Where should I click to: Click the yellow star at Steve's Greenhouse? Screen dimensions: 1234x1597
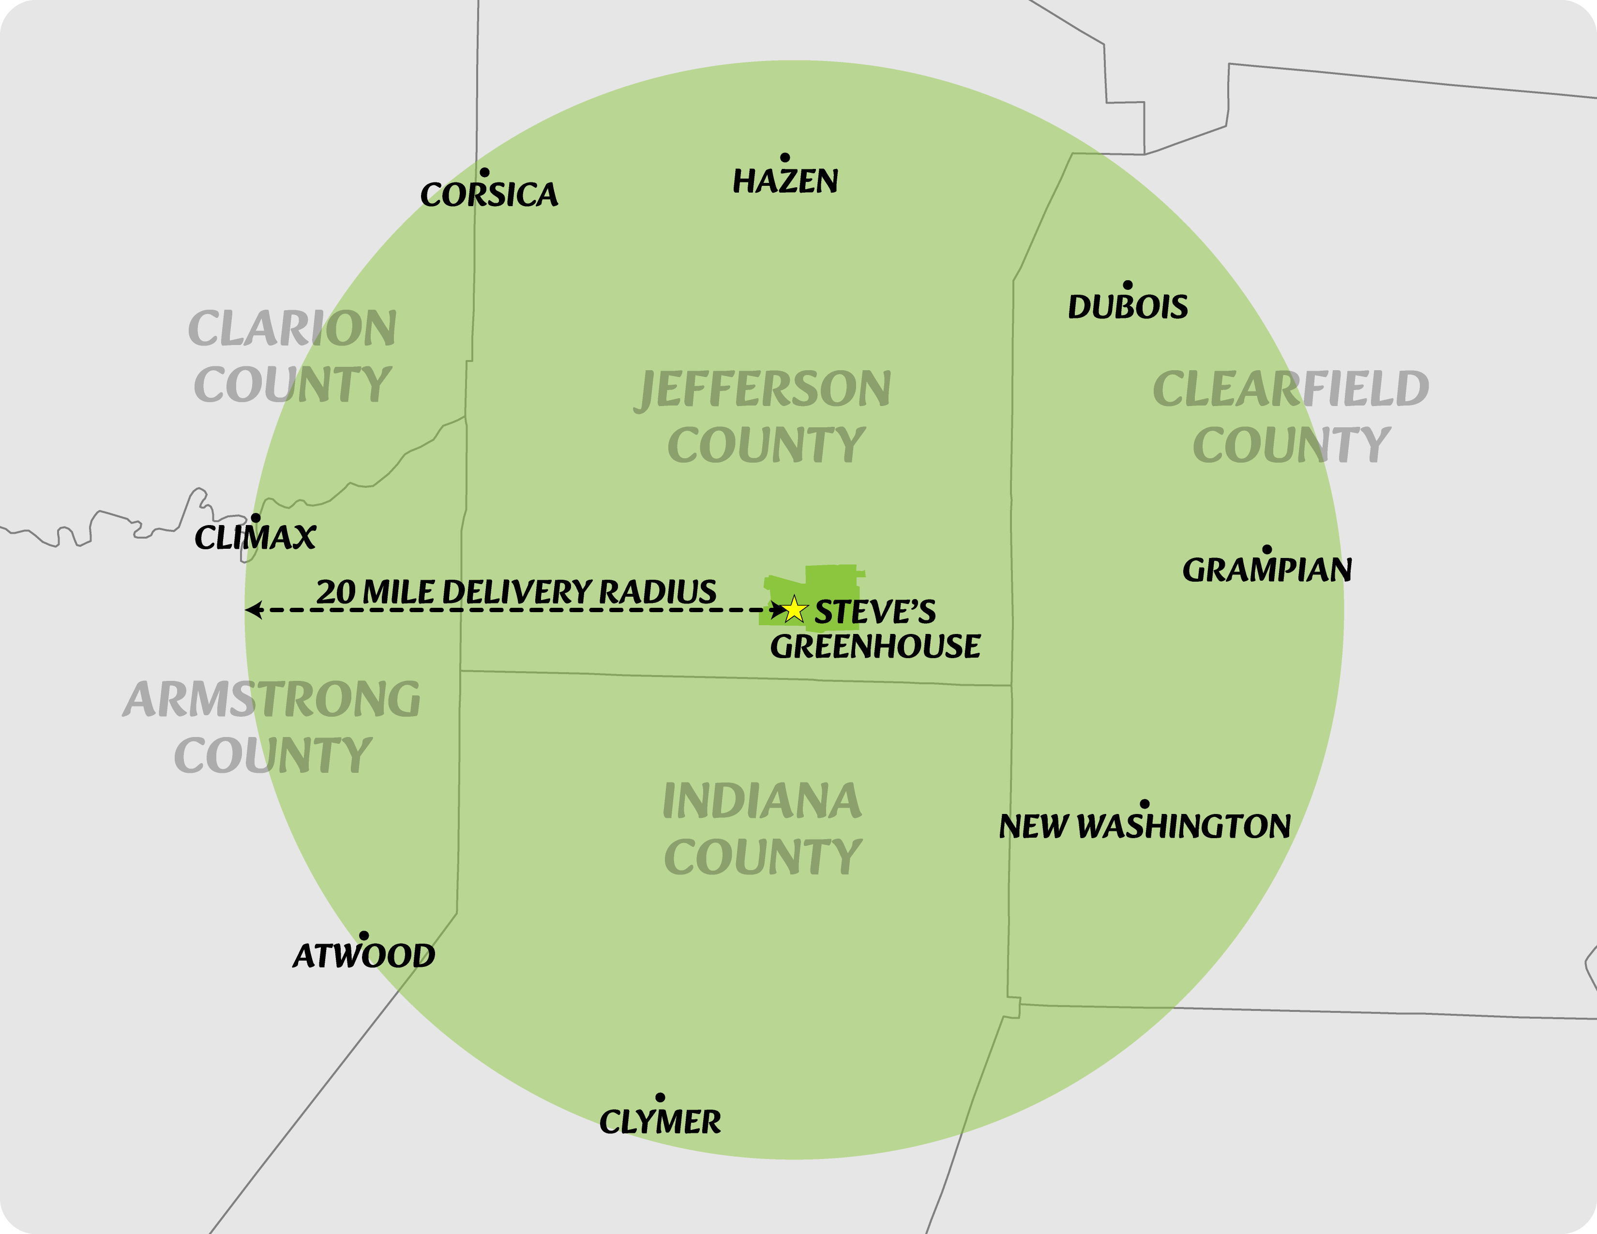793,609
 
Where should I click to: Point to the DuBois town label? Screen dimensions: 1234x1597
1128,307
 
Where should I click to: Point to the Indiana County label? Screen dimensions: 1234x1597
763,829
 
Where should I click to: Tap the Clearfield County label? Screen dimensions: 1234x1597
1291,417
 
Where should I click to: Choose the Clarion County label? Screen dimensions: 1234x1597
292,356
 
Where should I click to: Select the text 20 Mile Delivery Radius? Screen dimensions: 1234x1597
516,591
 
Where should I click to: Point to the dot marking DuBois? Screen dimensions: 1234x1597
1128,285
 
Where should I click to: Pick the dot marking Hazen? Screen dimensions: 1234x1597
784,158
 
